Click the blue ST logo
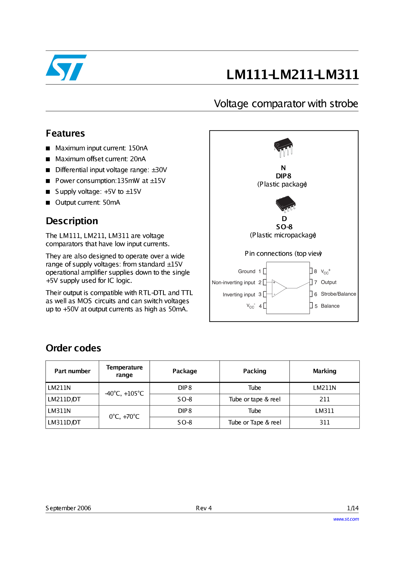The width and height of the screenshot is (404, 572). pos(66,67)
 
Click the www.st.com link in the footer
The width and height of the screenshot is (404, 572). pos(346,519)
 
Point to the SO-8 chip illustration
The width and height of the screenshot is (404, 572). pos(285,204)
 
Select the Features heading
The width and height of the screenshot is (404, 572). pos(65,133)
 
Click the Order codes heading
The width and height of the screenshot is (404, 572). pos(73,348)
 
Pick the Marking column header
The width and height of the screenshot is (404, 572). pos(324,371)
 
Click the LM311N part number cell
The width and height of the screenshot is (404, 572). pos(59,411)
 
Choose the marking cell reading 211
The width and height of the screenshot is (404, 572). pos(324,399)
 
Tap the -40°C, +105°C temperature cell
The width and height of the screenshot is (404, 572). pos(124,393)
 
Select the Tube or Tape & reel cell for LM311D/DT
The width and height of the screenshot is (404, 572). pos(255,423)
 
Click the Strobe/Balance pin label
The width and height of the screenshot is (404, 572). pos(338,294)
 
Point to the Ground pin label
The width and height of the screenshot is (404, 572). pos(247,271)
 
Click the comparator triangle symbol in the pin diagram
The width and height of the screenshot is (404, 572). pos(279,288)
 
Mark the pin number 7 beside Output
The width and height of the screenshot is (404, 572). pos(316,283)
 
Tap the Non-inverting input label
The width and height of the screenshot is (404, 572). pos(233,283)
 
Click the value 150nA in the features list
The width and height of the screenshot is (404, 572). pos(138,148)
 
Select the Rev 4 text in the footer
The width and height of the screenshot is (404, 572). pos(204,508)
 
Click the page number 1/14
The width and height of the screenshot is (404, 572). pos(353,508)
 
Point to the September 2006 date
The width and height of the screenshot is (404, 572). pos(68,508)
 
